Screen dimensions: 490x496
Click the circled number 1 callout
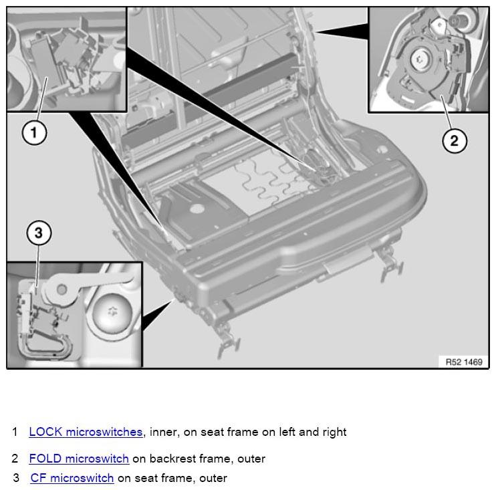34,132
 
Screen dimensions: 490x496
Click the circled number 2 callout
454,140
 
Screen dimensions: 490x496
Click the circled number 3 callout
38,233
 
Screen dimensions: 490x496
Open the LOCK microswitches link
86,432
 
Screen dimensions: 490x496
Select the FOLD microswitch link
79,459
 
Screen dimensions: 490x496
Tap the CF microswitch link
72,478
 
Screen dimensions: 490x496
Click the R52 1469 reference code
463,361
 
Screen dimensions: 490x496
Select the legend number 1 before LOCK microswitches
15,432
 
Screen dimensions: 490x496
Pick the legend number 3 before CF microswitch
16,478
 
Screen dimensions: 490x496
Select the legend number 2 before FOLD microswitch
15,459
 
